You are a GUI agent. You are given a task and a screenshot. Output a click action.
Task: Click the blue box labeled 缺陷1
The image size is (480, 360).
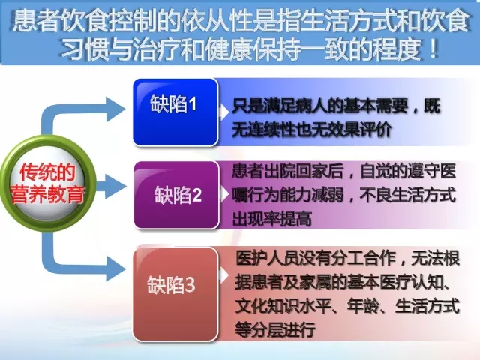[175, 112]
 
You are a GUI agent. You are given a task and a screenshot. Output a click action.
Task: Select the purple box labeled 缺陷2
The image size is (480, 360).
[177, 195]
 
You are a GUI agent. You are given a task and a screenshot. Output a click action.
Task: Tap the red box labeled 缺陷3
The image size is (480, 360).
[175, 294]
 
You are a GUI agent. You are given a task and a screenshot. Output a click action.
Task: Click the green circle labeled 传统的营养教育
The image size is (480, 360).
[48, 183]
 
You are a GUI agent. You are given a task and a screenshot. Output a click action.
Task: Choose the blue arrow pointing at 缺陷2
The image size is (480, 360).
[111, 186]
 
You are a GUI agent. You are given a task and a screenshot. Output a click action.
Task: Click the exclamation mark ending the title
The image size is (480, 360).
[433, 49]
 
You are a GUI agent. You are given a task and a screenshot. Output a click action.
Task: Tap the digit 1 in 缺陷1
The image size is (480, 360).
[192, 104]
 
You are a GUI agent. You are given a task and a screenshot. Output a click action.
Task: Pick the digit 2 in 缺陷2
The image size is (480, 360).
[196, 195]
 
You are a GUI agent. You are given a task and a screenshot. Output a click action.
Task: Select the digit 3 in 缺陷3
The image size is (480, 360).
[190, 285]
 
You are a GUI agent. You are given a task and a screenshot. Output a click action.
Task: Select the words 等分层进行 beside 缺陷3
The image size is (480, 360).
[275, 330]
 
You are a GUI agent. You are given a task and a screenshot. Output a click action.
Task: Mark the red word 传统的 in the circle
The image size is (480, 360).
[47, 172]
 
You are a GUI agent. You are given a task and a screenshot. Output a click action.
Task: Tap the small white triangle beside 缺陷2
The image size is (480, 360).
[224, 194]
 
